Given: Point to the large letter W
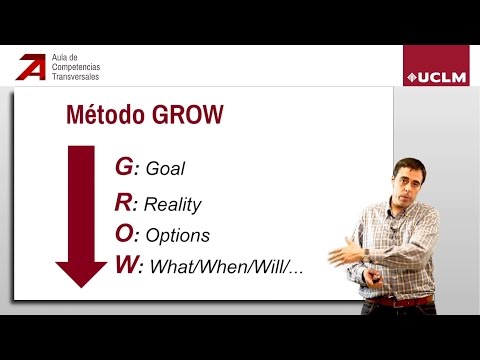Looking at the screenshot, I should [128, 266].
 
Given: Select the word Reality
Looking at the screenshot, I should [172, 204].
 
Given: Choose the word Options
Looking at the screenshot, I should [177, 237].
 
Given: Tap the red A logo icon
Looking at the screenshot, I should [31, 68].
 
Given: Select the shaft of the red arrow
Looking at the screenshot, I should [81, 200].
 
